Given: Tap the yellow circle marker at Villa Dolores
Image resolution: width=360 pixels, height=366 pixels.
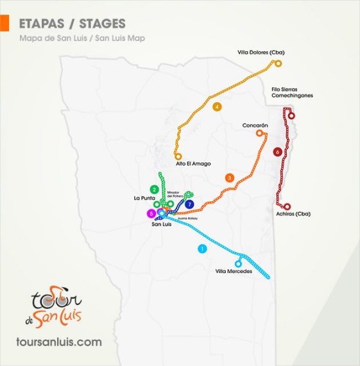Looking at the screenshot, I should [279, 63].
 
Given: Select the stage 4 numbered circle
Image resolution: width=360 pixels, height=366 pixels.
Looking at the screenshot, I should [218, 106].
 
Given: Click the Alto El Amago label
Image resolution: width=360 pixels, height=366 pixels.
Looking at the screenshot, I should [193, 163].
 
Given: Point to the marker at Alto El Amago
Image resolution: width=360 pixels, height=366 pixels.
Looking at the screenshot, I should [178, 156].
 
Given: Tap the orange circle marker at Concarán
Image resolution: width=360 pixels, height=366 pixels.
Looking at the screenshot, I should [260, 133].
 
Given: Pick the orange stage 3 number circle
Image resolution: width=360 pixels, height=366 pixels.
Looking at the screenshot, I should [229, 178].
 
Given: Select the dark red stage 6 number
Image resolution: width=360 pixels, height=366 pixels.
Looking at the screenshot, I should [277, 152].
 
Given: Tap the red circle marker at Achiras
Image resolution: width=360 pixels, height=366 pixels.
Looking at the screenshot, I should [287, 206].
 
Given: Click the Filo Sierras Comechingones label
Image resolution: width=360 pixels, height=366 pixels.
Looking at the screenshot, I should [292, 92].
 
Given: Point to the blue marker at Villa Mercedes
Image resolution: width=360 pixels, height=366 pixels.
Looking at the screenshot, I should [239, 263].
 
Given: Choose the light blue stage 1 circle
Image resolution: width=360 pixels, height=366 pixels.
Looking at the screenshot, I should [203, 248].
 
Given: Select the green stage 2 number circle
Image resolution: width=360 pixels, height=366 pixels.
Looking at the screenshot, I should [154, 189].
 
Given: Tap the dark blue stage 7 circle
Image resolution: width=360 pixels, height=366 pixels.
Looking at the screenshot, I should [189, 204].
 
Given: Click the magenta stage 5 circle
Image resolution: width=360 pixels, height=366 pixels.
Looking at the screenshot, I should [151, 213].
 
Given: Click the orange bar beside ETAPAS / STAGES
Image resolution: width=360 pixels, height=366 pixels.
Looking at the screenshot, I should [4, 24].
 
